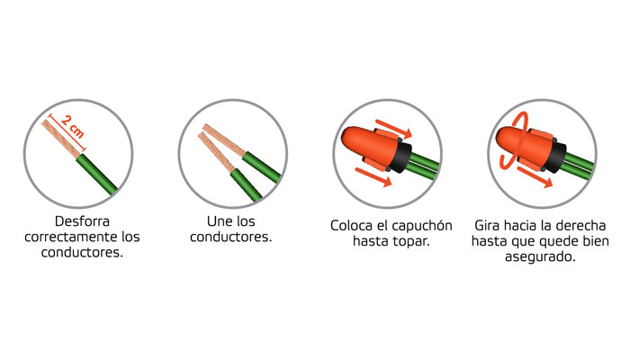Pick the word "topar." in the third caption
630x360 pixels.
[x=407, y=242]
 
